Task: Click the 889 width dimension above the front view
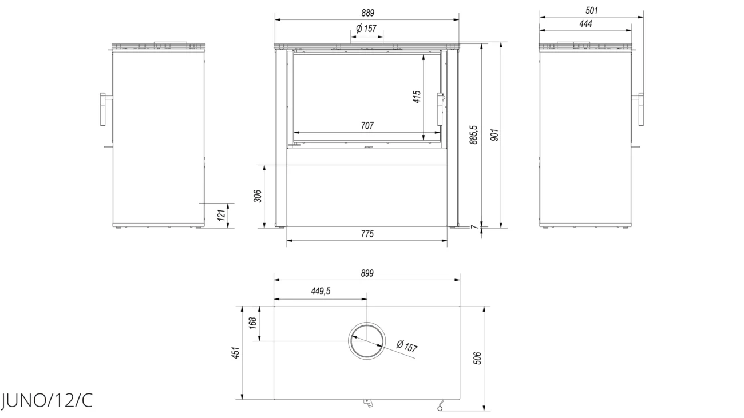(x=367, y=13)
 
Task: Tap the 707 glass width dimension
(x=367, y=126)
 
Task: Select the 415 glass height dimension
(x=417, y=97)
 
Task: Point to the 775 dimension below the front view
(x=367, y=234)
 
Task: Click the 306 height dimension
(x=258, y=196)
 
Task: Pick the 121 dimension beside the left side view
(x=221, y=215)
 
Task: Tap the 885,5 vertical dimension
(x=473, y=135)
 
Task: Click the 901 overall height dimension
(x=494, y=135)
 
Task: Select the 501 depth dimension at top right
(x=592, y=11)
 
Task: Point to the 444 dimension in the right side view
(x=585, y=24)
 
